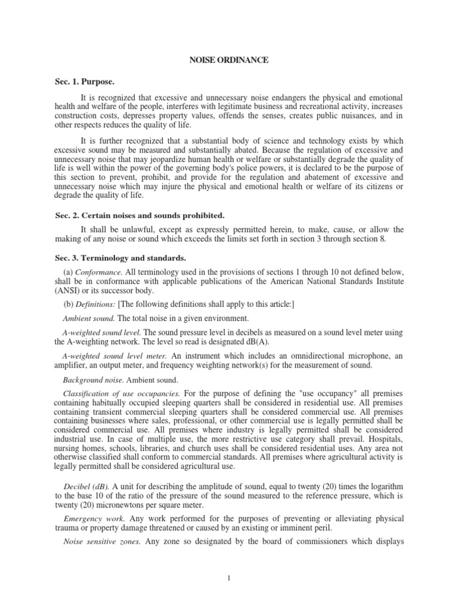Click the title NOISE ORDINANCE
click(x=228, y=61)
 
